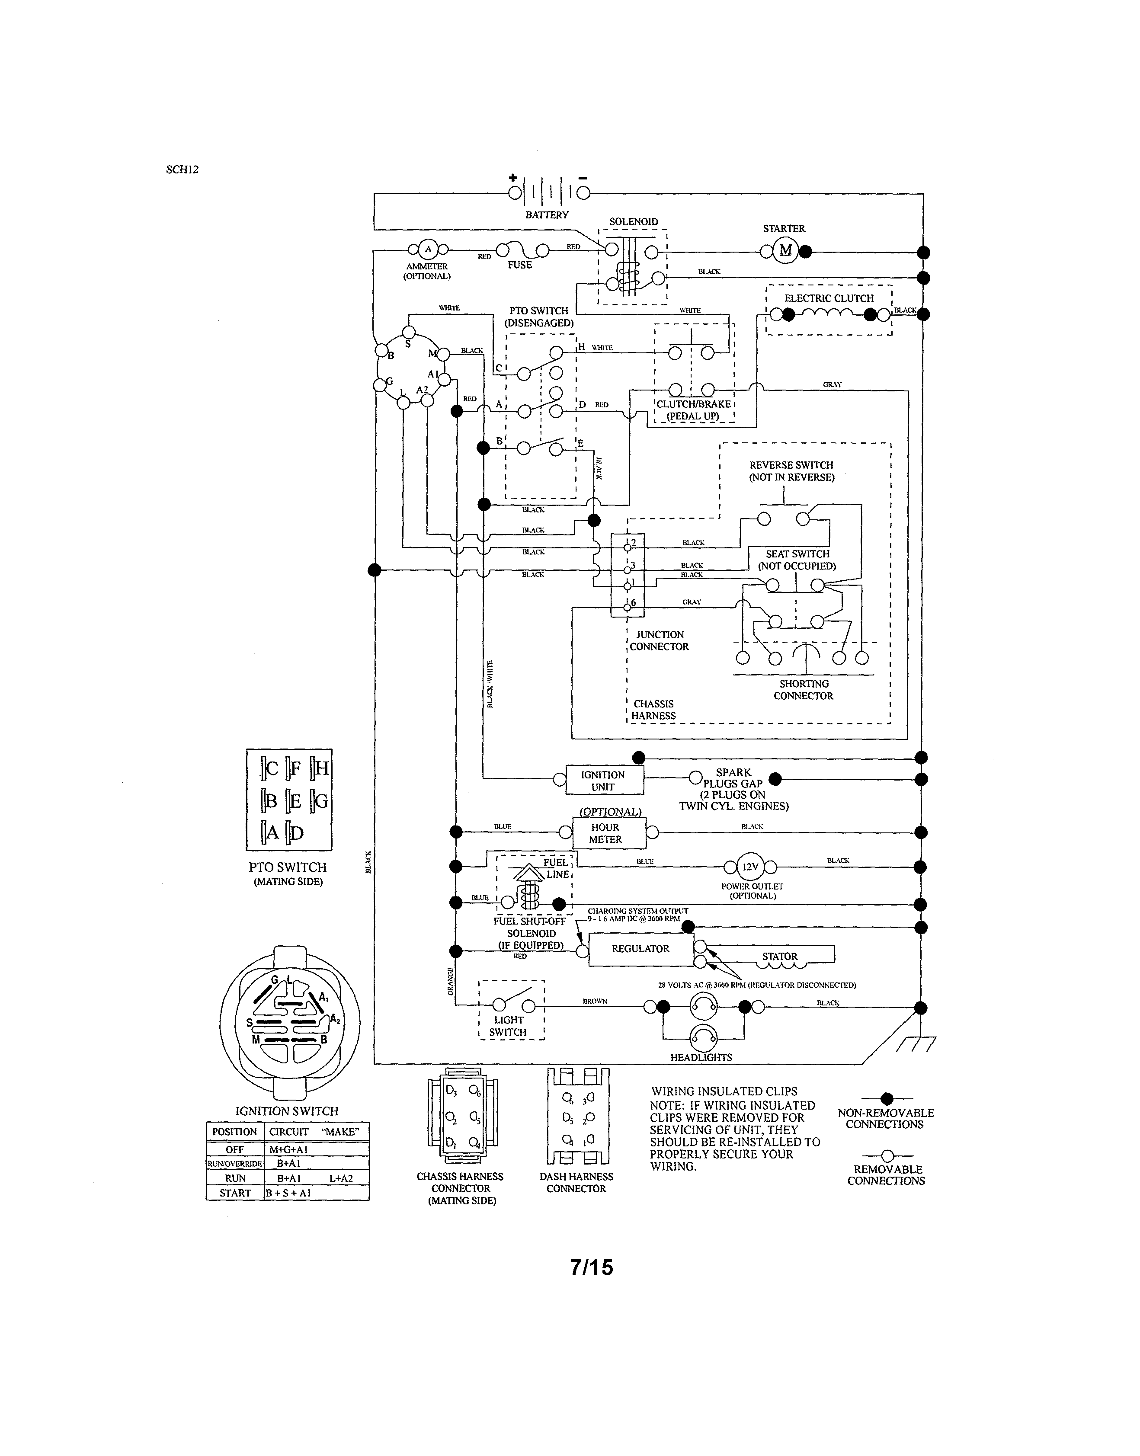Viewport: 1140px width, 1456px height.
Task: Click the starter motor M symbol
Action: (x=785, y=250)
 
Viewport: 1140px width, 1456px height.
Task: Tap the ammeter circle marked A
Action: (x=428, y=250)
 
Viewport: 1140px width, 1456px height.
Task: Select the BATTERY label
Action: (x=547, y=215)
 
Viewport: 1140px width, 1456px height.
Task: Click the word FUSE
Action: (x=519, y=265)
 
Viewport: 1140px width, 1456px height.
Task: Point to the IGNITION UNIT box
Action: (x=604, y=780)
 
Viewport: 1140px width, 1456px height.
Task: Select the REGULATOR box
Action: (x=641, y=948)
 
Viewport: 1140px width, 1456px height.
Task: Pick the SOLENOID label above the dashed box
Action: (x=634, y=221)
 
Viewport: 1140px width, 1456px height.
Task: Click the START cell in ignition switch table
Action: (x=235, y=1193)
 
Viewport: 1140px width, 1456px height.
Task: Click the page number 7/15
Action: (x=591, y=1267)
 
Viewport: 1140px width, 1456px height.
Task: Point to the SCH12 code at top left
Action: (x=182, y=170)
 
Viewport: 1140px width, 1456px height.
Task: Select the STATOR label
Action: (x=780, y=956)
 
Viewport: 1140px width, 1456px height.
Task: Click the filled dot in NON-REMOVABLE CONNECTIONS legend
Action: (x=887, y=1098)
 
